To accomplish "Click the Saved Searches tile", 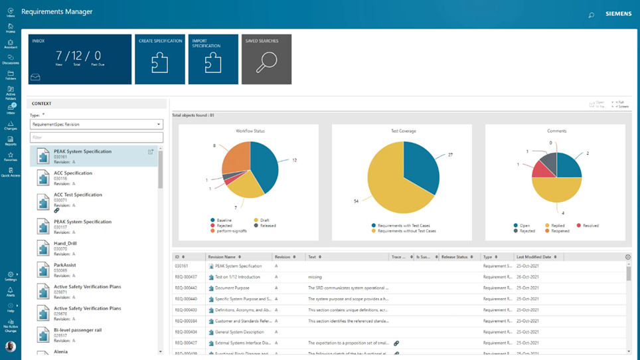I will pos(266,59).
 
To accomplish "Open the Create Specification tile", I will pos(159,59).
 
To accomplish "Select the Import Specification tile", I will pos(213,59).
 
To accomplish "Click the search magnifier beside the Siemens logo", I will pos(591,15).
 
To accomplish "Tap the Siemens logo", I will pos(618,13).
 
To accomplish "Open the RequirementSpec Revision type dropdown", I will pos(96,124).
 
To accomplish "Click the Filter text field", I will pos(96,137).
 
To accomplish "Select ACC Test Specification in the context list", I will pos(78,195).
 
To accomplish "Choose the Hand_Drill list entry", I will pos(65,243).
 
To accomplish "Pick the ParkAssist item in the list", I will pos(64,265).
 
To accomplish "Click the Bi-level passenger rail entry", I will pos(78,330).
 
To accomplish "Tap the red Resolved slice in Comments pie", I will pos(544,170).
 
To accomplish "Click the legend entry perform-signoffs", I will pos(228,231).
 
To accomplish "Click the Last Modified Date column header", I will pos(534,257).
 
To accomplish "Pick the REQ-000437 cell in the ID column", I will pos(186,277).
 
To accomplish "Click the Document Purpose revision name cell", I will pos(234,288).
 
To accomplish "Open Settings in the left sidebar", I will pos(11,276).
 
